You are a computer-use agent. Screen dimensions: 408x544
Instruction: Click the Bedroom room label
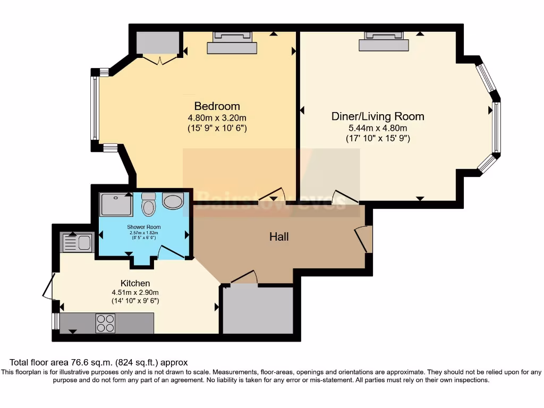[x=217, y=106]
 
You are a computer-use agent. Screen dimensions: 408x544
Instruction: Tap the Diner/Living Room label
[x=378, y=116]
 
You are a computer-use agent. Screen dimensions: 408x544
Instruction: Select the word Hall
[x=279, y=236]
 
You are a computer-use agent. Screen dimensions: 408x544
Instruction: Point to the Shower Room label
[x=143, y=227]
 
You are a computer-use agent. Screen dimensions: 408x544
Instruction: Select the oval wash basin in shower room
[x=173, y=201]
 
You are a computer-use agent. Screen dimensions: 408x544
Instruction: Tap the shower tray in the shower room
[x=116, y=205]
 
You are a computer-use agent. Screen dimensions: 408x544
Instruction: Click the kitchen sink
[x=78, y=243]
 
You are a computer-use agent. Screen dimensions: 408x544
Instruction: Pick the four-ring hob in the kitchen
[x=105, y=323]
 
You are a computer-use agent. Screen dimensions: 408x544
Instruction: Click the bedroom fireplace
[x=232, y=43]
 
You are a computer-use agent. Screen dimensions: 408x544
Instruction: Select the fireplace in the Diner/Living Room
[x=384, y=41]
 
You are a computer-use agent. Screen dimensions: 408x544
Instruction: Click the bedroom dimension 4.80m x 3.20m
[x=217, y=118]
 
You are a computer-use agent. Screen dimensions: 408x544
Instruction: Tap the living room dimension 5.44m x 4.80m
[x=378, y=128]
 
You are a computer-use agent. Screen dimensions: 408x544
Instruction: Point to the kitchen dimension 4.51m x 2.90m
[x=135, y=292]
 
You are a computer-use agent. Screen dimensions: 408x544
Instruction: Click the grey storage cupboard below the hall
[x=258, y=310]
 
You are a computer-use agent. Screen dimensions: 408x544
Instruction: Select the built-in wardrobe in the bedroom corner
[x=157, y=43]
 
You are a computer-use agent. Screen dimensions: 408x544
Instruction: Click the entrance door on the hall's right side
[x=363, y=239]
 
